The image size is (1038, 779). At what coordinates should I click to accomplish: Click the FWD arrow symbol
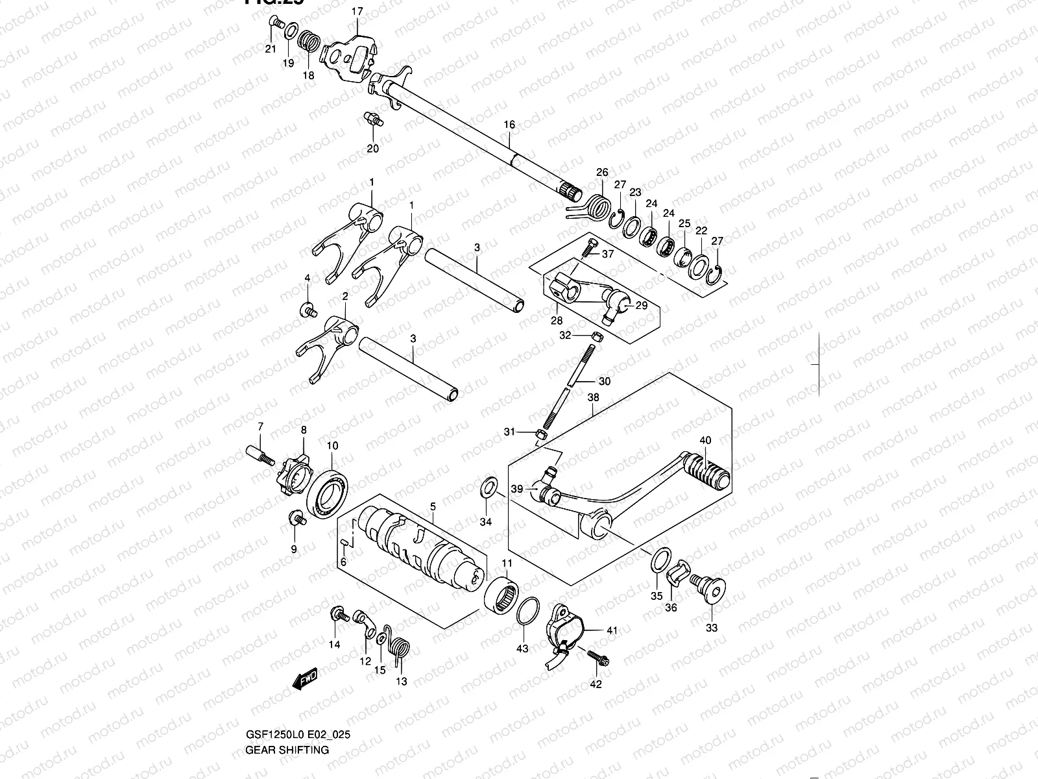coord(304,678)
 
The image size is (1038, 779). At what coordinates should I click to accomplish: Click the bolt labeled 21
coord(276,24)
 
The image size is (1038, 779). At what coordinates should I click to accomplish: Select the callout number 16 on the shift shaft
coord(509,125)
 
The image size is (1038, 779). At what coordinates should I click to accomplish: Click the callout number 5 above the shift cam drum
coord(433,506)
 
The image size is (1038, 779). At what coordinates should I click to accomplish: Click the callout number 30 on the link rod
coord(604,381)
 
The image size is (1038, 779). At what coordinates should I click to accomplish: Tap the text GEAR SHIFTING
coord(287,750)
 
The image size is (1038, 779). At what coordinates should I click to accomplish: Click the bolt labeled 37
coord(589,249)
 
